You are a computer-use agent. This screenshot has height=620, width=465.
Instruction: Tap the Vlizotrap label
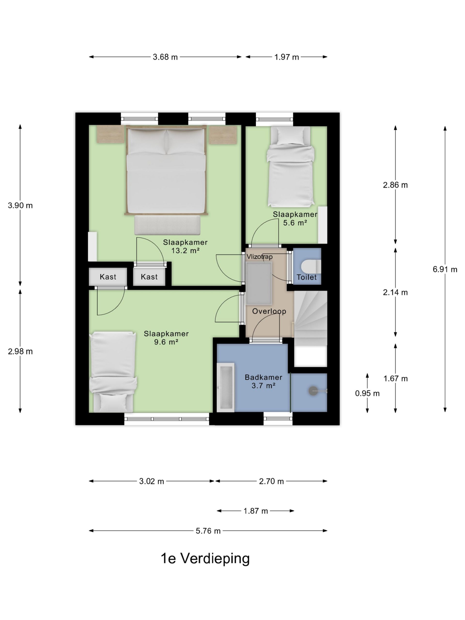(x=259, y=256)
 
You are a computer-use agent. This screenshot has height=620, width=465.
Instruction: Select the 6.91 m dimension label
(x=445, y=269)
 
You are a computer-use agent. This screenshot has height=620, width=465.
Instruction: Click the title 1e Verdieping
(x=205, y=558)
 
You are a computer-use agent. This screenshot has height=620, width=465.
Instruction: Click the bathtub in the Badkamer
(x=226, y=387)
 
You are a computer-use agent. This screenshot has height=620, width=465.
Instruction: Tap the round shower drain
(x=313, y=391)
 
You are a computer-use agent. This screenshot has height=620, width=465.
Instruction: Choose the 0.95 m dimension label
(x=367, y=394)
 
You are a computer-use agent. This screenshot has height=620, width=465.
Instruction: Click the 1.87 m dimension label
(x=256, y=511)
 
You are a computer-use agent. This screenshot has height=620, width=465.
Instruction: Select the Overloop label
(x=269, y=311)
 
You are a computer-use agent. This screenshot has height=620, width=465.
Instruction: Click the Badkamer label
(x=263, y=377)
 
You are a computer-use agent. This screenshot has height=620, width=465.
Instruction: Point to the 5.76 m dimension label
(x=208, y=531)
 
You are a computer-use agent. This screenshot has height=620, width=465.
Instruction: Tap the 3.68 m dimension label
(x=165, y=57)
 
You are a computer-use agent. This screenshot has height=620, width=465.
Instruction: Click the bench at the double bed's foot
(x=167, y=225)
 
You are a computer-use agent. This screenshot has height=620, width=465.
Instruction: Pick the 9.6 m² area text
(x=166, y=342)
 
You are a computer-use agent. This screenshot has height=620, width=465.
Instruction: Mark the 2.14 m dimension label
(x=395, y=293)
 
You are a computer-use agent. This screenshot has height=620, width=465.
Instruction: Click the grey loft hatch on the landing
(x=259, y=284)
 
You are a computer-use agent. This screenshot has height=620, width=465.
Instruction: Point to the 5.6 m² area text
(x=295, y=223)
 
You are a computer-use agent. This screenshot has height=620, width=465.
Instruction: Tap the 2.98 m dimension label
(x=20, y=351)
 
